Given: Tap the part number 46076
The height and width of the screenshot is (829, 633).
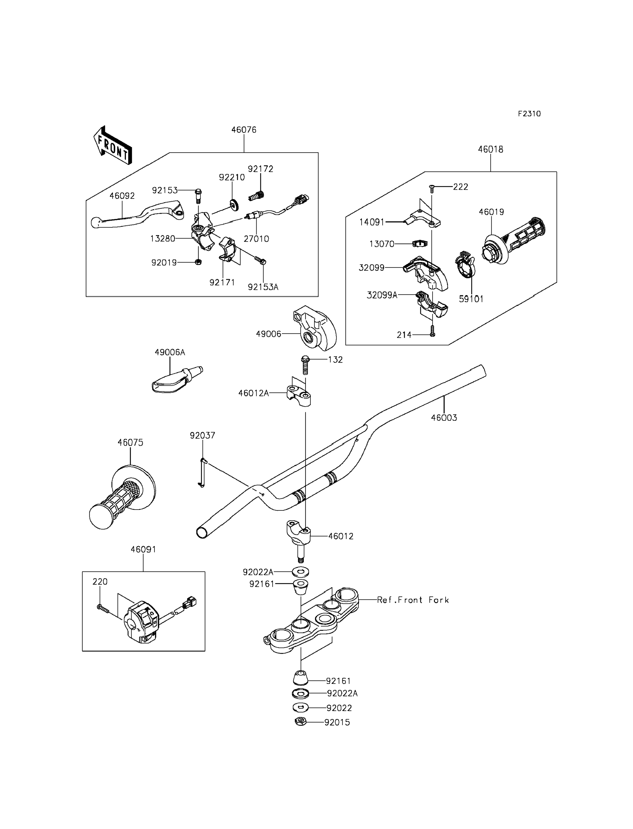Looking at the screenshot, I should pyautogui.click(x=244, y=130).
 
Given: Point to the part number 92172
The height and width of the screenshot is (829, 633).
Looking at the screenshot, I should pyautogui.click(x=260, y=169).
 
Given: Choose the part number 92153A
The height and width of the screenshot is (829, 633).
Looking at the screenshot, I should pyautogui.click(x=263, y=287).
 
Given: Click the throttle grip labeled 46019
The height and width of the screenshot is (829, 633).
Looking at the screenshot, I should pyautogui.click(x=514, y=241).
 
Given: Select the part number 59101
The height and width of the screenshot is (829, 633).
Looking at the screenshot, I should pyautogui.click(x=471, y=299).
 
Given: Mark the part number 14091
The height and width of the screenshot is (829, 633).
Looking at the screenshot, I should pyautogui.click(x=372, y=222).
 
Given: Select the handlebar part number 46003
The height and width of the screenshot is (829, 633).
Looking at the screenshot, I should pyautogui.click(x=444, y=418).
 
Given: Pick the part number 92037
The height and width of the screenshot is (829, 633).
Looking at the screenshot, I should pyautogui.click(x=202, y=436).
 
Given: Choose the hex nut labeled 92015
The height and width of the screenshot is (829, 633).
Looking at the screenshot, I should pyautogui.click(x=300, y=721).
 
